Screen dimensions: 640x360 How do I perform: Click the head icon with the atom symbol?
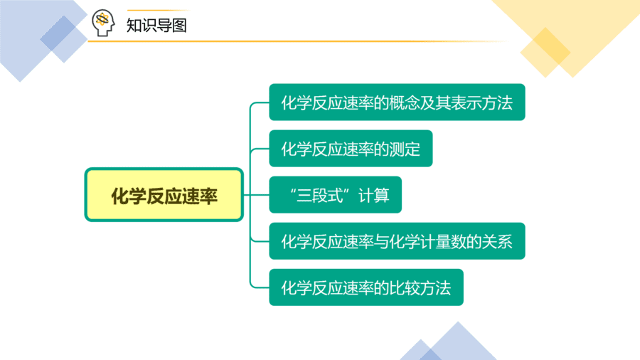point(103,23)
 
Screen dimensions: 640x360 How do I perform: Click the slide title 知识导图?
point(156,26)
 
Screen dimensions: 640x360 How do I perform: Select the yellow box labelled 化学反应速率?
point(164,195)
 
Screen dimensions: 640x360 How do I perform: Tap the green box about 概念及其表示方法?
point(397,102)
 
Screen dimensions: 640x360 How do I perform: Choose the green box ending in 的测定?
point(351,149)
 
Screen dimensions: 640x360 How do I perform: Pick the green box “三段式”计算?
point(335,195)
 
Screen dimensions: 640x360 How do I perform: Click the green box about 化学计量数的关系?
point(397,240)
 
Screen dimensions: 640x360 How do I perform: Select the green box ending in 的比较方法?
point(366,287)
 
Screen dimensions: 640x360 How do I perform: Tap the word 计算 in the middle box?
point(374,196)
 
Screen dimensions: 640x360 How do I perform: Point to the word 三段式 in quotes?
point(320,196)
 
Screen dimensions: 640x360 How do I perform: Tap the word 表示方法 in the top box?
point(481,103)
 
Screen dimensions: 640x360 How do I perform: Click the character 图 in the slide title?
point(179,26)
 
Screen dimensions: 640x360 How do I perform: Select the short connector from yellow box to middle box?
point(256,195)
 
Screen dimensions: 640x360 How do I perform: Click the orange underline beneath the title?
point(298,41)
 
